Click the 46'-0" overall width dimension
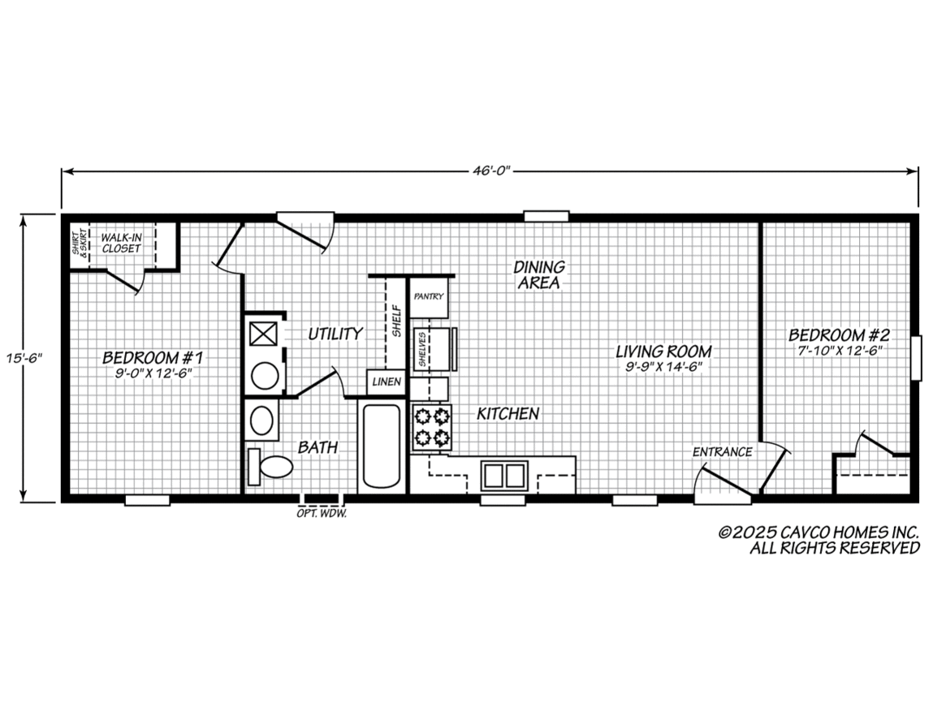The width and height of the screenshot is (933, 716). coord(490,171)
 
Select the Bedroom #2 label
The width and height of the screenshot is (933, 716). coord(840,334)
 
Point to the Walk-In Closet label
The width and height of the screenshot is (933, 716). coord(121,242)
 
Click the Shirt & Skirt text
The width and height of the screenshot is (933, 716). coord(80,242)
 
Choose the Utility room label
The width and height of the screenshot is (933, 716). coord(335,334)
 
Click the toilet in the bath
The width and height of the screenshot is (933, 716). coord(271,466)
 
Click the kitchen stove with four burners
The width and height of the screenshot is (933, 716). coord(431,428)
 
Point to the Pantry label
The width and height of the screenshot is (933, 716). coord(428,296)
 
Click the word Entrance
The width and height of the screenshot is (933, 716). coord(722,452)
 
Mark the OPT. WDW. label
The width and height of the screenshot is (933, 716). coord(322,514)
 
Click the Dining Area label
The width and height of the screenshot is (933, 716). coord(538,274)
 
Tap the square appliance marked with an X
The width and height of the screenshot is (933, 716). coord(262,334)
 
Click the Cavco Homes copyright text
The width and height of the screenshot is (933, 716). coord(819,540)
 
